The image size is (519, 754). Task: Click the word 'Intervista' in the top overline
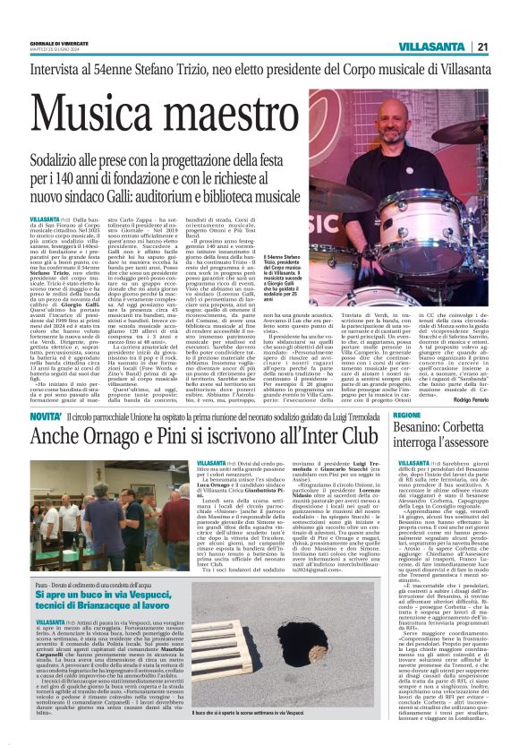(x=58, y=64)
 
